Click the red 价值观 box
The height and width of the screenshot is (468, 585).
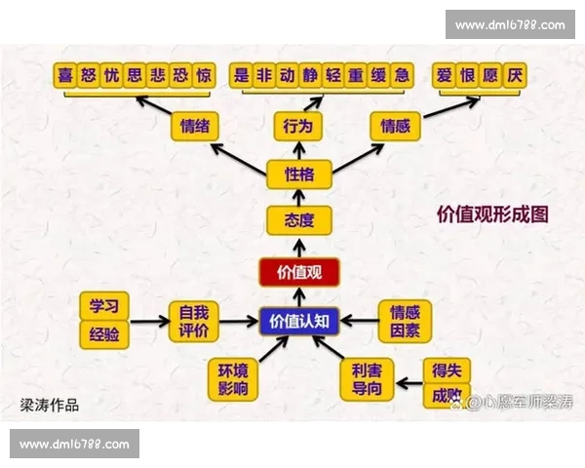tap(299, 272)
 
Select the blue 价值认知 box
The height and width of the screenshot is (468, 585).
tap(299, 320)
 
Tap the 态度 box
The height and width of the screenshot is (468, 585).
tap(299, 220)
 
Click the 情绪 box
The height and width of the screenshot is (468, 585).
tap(195, 126)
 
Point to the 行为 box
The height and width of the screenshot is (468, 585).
tap(297, 126)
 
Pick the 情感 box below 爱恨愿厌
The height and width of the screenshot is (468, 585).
tap(396, 126)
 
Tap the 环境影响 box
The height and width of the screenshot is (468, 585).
tap(233, 379)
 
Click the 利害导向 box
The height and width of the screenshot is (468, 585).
tap(367, 379)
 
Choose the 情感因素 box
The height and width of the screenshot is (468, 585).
tap(405, 321)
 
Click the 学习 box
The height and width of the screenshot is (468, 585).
tap(103, 305)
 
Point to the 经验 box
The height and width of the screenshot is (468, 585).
tap(103, 335)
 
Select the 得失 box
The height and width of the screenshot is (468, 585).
tap(448, 370)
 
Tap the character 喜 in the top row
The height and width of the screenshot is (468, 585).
tap(66, 75)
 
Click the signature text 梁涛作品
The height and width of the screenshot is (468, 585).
tap(50, 404)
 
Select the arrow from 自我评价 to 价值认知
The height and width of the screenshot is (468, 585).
tap(240, 321)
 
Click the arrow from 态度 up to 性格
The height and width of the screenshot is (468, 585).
tap(299, 198)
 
